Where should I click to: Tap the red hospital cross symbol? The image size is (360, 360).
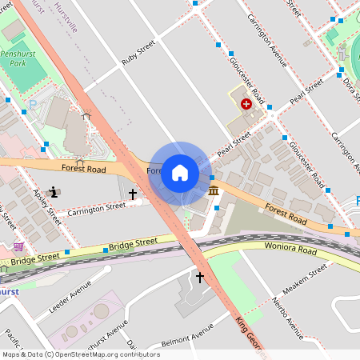point(246,103)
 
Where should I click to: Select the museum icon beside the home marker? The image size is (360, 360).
point(214,190)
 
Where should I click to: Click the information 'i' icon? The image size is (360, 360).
point(54,191)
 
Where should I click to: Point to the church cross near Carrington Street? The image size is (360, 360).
point(133,194)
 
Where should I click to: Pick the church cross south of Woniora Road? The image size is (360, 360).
point(199,277)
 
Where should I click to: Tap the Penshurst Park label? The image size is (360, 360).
point(14,57)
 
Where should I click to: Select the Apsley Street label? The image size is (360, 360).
point(47,206)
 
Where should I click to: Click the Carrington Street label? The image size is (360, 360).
point(97,208)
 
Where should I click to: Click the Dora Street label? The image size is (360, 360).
point(349,86)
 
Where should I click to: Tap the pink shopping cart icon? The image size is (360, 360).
point(18,246)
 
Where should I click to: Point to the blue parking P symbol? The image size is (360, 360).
point(33,103)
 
